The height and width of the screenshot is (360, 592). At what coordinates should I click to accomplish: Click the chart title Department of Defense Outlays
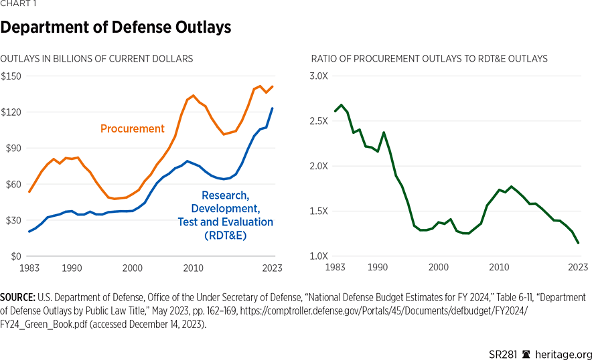116,27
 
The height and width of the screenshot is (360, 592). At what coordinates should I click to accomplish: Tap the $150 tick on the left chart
11,76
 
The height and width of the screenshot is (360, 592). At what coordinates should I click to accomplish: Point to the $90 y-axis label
13,149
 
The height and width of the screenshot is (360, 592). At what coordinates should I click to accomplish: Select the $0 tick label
16,256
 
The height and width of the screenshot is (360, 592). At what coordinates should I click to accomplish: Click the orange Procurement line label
132,128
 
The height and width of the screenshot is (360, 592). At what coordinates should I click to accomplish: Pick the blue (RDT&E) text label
226,235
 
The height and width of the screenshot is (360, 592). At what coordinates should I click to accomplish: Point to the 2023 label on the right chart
578,268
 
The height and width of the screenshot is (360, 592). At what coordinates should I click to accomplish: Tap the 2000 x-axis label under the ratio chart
438,268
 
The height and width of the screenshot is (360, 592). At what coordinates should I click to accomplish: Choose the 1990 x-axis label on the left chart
72,268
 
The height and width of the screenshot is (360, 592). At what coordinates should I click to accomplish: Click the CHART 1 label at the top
19,4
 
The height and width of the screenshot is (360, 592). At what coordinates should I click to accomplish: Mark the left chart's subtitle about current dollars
96,59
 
